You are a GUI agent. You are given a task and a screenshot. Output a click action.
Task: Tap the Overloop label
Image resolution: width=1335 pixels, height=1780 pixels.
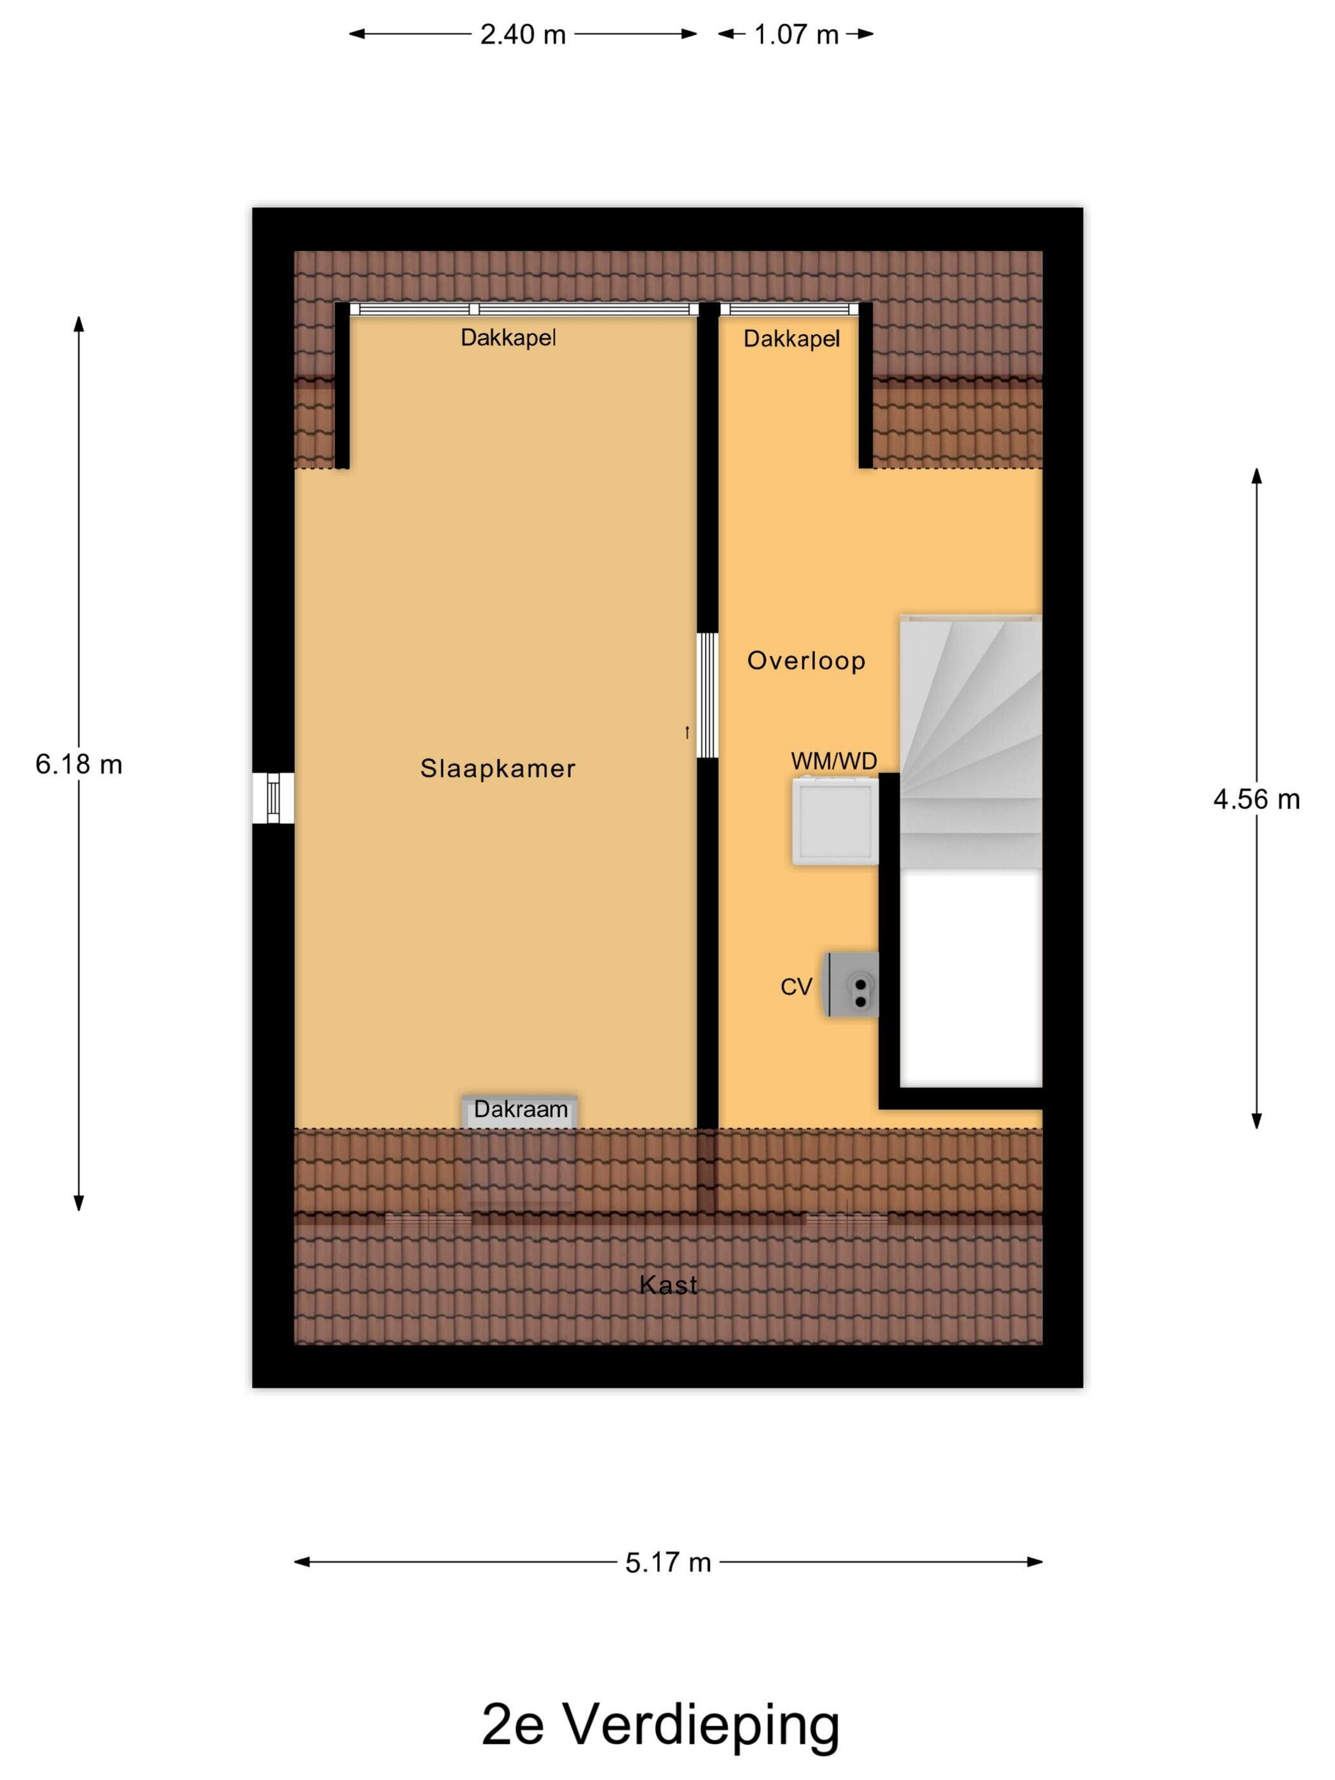pyautogui.click(x=805, y=661)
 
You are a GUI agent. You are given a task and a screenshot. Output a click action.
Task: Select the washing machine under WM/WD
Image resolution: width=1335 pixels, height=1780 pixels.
pyautogui.click(x=835, y=821)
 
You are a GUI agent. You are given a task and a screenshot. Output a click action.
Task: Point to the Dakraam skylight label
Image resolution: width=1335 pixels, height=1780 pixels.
pyautogui.click(x=521, y=1110)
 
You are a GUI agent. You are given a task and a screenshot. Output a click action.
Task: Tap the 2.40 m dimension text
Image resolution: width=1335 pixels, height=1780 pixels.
pyautogui.click(x=523, y=34)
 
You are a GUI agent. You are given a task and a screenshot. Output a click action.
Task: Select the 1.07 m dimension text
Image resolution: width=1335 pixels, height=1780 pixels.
pyautogui.click(x=796, y=34)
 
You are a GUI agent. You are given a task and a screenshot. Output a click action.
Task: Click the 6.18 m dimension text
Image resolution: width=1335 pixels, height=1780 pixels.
pyautogui.click(x=79, y=763)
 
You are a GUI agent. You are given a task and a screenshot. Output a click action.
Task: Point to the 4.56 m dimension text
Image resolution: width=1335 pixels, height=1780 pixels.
pyautogui.click(x=1256, y=799)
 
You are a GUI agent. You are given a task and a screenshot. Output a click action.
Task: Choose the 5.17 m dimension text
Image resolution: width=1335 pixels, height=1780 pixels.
pyautogui.click(x=668, y=1562)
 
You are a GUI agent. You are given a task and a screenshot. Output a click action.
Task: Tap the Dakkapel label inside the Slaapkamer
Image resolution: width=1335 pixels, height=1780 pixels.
pyautogui.click(x=508, y=338)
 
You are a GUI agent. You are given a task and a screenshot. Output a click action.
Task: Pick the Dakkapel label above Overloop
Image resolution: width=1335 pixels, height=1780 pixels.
pyautogui.click(x=791, y=339)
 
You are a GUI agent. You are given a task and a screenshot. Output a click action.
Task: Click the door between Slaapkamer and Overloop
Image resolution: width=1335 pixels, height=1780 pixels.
pyautogui.click(x=706, y=695)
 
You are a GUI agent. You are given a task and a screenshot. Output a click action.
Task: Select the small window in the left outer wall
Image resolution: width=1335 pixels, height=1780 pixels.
pyautogui.click(x=273, y=797)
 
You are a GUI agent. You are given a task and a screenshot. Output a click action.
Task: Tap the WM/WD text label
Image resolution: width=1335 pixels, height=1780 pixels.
pyautogui.click(x=833, y=760)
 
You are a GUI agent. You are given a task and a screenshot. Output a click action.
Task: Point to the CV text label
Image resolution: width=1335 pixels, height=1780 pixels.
pyautogui.click(x=796, y=987)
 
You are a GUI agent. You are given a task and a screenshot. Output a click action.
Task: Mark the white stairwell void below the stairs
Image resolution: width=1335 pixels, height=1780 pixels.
pyautogui.click(x=971, y=978)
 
